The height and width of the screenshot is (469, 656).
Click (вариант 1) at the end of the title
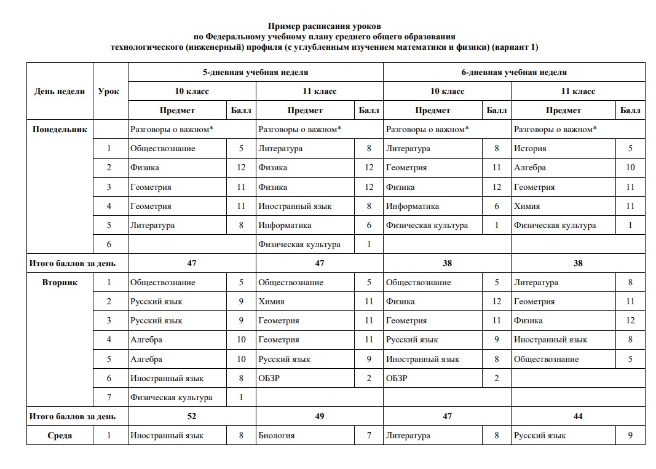(x=515, y=47)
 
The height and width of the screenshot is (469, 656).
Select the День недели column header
(x=60, y=91)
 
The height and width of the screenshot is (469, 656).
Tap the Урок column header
(x=109, y=91)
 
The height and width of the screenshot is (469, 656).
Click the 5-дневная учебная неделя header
(x=255, y=72)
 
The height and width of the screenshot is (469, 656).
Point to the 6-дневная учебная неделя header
(x=514, y=72)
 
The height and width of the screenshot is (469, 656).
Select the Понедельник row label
(x=60, y=129)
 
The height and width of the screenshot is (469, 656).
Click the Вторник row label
(x=60, y=282)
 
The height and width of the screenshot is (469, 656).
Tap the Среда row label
(x=60, y=435)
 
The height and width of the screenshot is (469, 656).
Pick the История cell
(x=530, y=148)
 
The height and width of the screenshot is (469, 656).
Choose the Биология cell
(x=276, y=435)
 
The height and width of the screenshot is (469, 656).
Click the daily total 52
(x=191, y=416)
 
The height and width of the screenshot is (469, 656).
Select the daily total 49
(x=319, y=416)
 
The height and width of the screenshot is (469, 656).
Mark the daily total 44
(x=578, y=416)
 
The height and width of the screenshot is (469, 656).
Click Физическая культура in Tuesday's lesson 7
(x=171, y=397)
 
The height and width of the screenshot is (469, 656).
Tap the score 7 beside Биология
(x=369, y=435)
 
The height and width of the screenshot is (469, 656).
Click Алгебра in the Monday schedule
(x=529, y=167)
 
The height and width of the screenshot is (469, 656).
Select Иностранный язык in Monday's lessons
(x=294, y=206)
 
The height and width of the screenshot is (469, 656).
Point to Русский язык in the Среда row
(x=539, y=435)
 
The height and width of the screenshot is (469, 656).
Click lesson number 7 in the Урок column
(x=109, y=397)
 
